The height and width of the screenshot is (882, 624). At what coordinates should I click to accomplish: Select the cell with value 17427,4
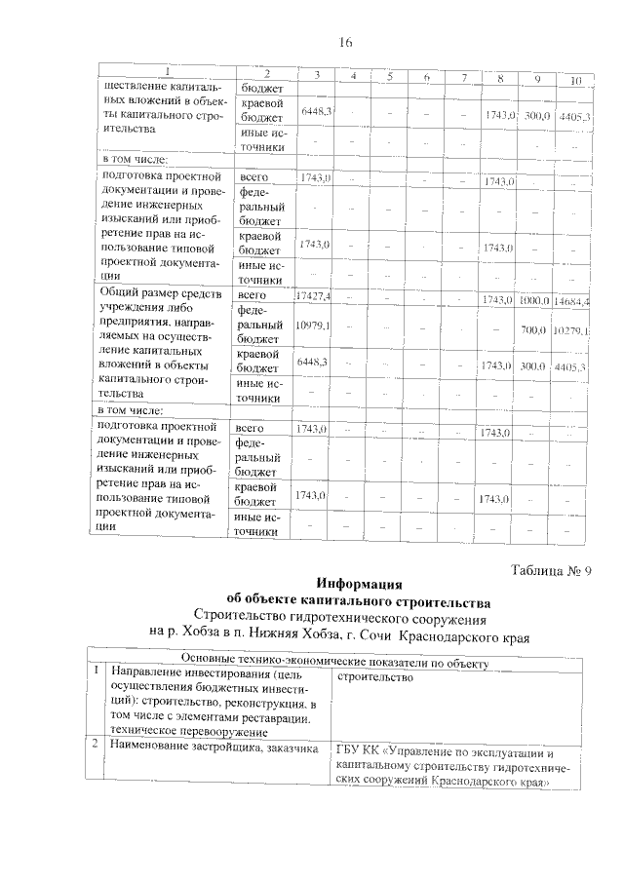(x=313, y=295)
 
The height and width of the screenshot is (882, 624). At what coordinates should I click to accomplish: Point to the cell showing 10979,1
(x=313, y=325)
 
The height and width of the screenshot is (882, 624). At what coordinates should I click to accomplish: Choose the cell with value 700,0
(x=533, y=330)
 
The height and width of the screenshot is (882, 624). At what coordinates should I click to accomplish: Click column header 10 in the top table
(x=575, y=79)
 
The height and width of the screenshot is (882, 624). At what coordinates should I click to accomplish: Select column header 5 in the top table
(x=388, y=77)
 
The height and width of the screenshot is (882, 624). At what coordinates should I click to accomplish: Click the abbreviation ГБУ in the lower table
(x=348, y=752)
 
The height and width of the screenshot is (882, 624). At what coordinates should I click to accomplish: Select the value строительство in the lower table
(x=375, y=676)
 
